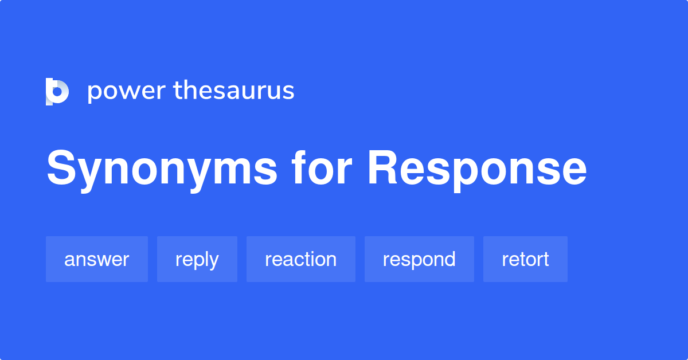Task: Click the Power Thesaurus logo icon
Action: click(x=57, y=92)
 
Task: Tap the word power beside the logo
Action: click(x=124, y=92)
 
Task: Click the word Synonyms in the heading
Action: click(x=162, y=169)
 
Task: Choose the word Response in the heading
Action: click(x=477, y=169)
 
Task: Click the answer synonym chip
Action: click(x=96, y=259)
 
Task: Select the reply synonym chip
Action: click(x=197, y=259)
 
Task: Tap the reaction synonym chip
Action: click(x=300, y=259)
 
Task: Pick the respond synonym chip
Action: click(x=419, y=259)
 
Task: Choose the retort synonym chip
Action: click(x=525, y=259)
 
